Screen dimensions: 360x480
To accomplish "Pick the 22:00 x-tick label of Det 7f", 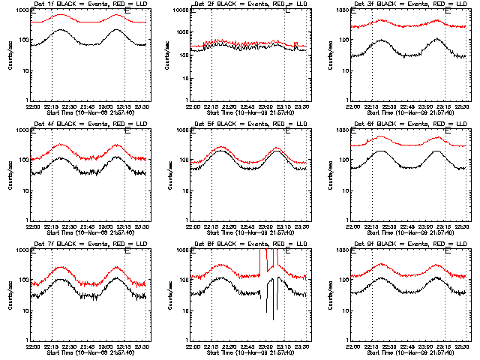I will tap(33, 346).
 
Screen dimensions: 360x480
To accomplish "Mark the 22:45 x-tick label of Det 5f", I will tap(249, 227).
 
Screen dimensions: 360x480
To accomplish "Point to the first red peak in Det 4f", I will tap(61, 145).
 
